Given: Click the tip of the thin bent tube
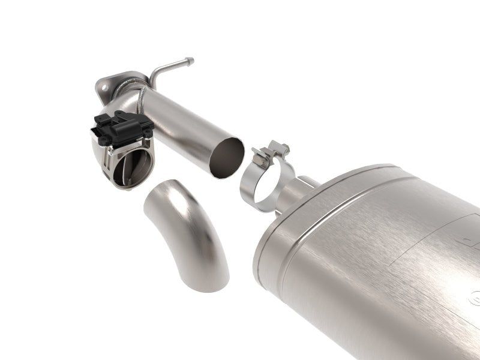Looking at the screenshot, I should (190, 61).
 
